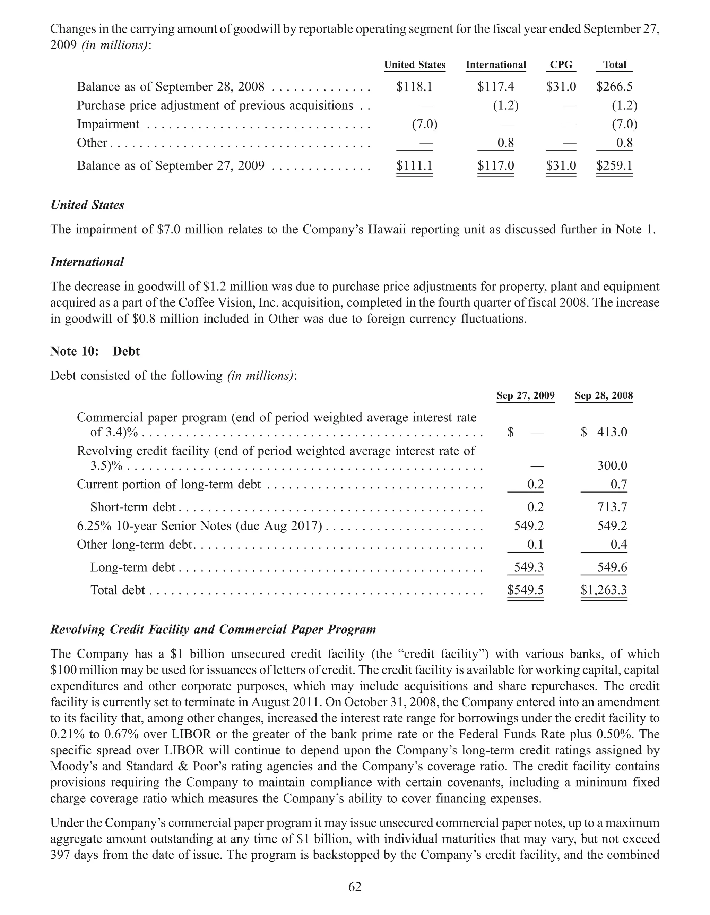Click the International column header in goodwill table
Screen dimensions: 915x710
pos(496,65)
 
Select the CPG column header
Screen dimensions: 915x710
pos(561,65)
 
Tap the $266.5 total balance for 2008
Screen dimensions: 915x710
pos(614,87)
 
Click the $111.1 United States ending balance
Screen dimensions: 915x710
pos(414,166)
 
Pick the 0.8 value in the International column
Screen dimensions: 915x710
pos(505,143)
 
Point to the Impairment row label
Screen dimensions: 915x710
pos(108,125)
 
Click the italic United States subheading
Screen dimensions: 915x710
pos(87,205)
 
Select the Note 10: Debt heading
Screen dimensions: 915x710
pos(95,351)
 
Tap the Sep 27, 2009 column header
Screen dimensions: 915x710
pos(525,396)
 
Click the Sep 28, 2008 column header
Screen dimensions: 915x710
pos(604,396)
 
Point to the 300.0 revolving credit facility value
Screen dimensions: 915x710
pos(612,466)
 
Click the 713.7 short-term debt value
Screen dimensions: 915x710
pos(612,507)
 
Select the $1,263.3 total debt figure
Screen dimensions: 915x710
pos(604,590)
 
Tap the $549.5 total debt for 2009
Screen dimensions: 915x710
pos(525,590)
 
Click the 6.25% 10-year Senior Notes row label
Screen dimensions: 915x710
pos(199,526)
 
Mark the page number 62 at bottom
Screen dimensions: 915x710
pos(355,887)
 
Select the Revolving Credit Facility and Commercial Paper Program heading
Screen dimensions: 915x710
pos(213,630)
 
